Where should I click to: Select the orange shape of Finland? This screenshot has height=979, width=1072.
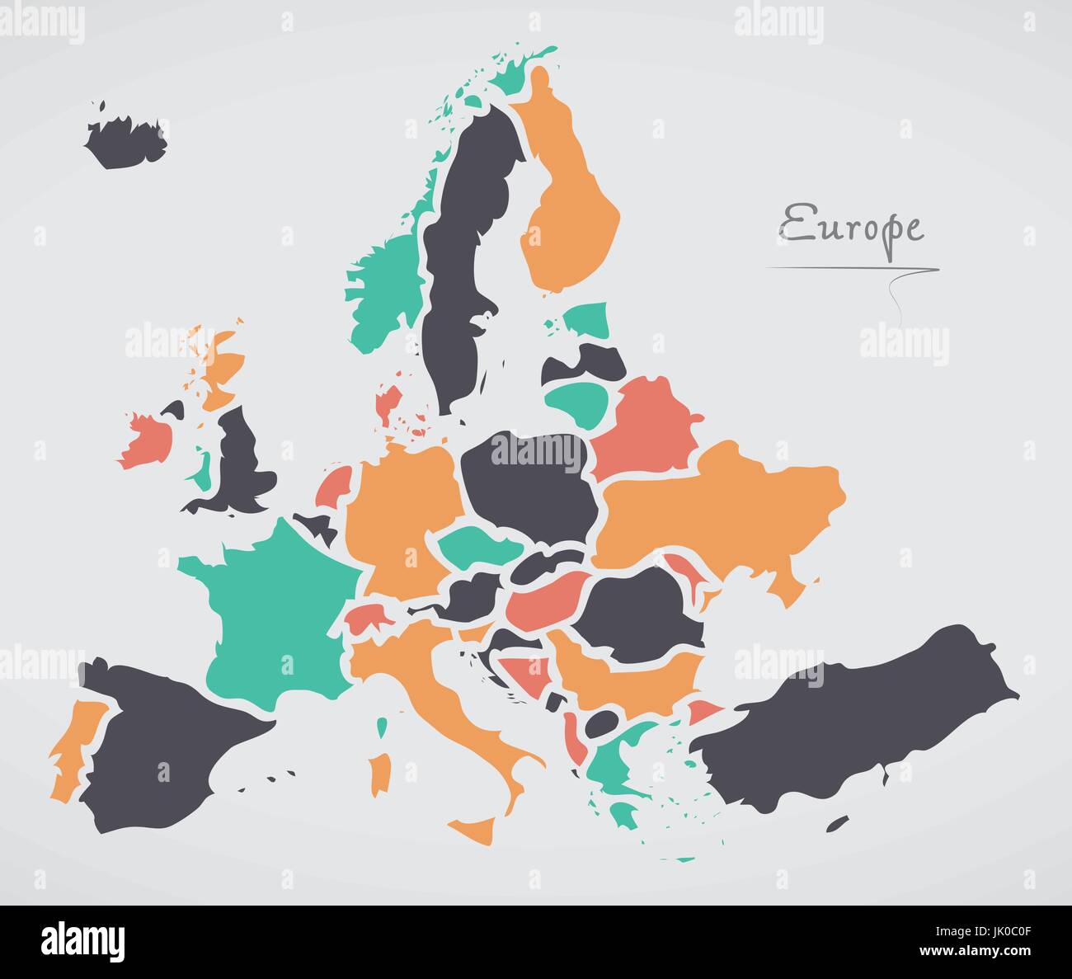pyautogui.click(x=569, y=206)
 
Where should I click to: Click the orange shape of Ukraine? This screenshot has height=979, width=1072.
pyautogui.click(x=717, y=511)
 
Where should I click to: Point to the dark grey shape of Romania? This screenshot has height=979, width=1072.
pyautogui.click(x=643, y=610)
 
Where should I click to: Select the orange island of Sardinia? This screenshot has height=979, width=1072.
pyautogui.click(x=380, y=771)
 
